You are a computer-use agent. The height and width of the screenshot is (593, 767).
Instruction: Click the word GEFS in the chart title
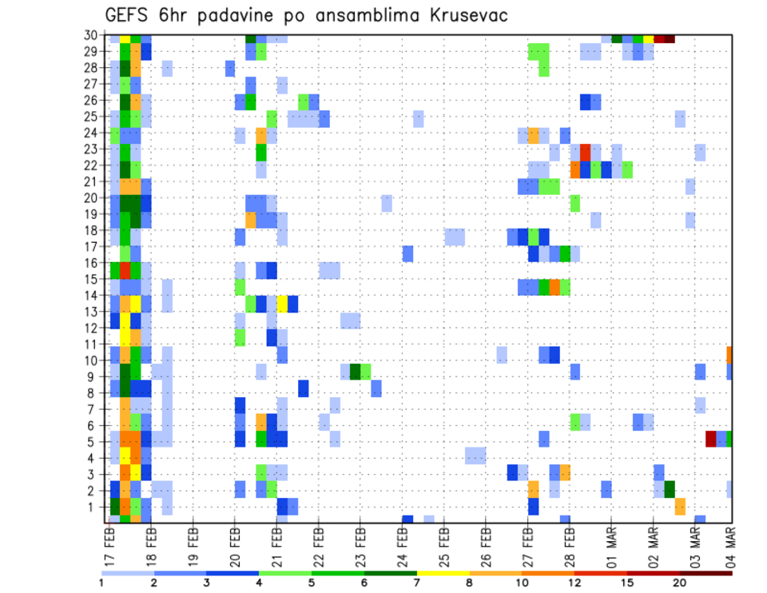point(130,15)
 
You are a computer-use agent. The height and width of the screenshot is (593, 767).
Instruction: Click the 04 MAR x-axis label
point(730,541)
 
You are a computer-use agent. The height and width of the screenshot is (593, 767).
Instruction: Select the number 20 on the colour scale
point(680,582)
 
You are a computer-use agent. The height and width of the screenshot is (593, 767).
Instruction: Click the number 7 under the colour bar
point(416,582)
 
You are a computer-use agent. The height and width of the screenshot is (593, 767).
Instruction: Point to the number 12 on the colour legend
point(574,582)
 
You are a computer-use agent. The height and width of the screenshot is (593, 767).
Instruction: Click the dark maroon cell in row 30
point(670,38)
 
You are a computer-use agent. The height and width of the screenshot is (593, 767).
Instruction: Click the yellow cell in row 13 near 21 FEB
point(282,304)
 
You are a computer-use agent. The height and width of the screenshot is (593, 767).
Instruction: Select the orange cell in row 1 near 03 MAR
point(680,506)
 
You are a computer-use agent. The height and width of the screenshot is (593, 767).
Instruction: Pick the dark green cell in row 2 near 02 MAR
point(670,489)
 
